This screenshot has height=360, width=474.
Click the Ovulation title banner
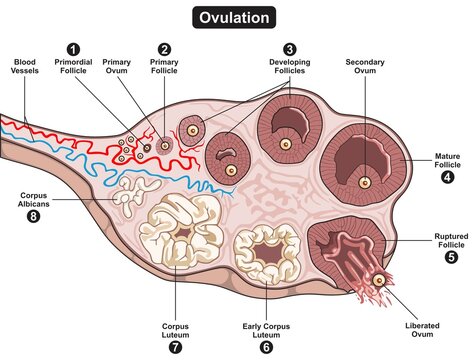[236, 18]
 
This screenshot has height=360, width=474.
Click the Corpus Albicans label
[35, 196]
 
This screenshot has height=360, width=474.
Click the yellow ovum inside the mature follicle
[364, 182]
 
